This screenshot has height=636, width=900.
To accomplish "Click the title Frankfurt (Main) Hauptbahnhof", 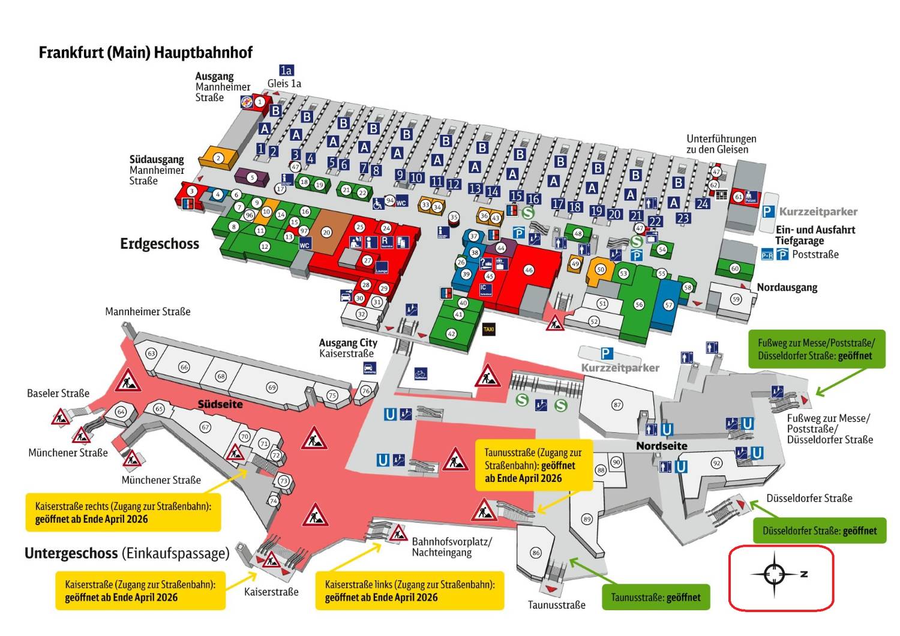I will click(145, 53).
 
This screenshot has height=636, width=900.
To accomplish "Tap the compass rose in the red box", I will click(775, 574).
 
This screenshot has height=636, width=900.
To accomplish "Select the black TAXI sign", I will click(489, 329).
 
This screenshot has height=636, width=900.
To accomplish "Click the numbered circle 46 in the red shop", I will click(529, 270).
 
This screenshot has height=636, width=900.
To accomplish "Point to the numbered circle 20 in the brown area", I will click(326, 233).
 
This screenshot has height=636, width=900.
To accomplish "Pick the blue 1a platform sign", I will click(286, 71).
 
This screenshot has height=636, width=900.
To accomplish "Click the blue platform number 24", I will click(703, 204).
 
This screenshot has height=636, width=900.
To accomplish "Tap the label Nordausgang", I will click(787, 288).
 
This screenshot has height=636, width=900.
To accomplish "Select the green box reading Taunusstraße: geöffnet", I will click(655, 598).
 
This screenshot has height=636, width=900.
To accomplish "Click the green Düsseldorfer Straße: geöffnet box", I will click(819, 530).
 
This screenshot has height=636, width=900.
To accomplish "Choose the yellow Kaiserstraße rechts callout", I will click(123, 513).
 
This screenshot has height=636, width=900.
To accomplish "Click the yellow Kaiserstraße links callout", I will click(410, 590).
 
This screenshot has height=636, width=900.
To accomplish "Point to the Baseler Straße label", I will click(58, 393).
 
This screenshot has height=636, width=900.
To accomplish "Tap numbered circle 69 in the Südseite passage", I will click(272, 388).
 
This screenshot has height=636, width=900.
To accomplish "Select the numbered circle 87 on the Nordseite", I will click(617, 405).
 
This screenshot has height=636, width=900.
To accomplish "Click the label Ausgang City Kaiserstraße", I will click(348, 348).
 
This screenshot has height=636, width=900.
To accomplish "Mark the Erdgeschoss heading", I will click(160, 244).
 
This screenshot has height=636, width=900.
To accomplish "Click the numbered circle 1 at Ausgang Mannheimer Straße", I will click(260, 102).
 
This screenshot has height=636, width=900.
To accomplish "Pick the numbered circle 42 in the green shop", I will click(451, 334).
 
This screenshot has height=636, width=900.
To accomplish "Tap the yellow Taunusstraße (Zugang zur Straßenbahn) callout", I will click(533, 465).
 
